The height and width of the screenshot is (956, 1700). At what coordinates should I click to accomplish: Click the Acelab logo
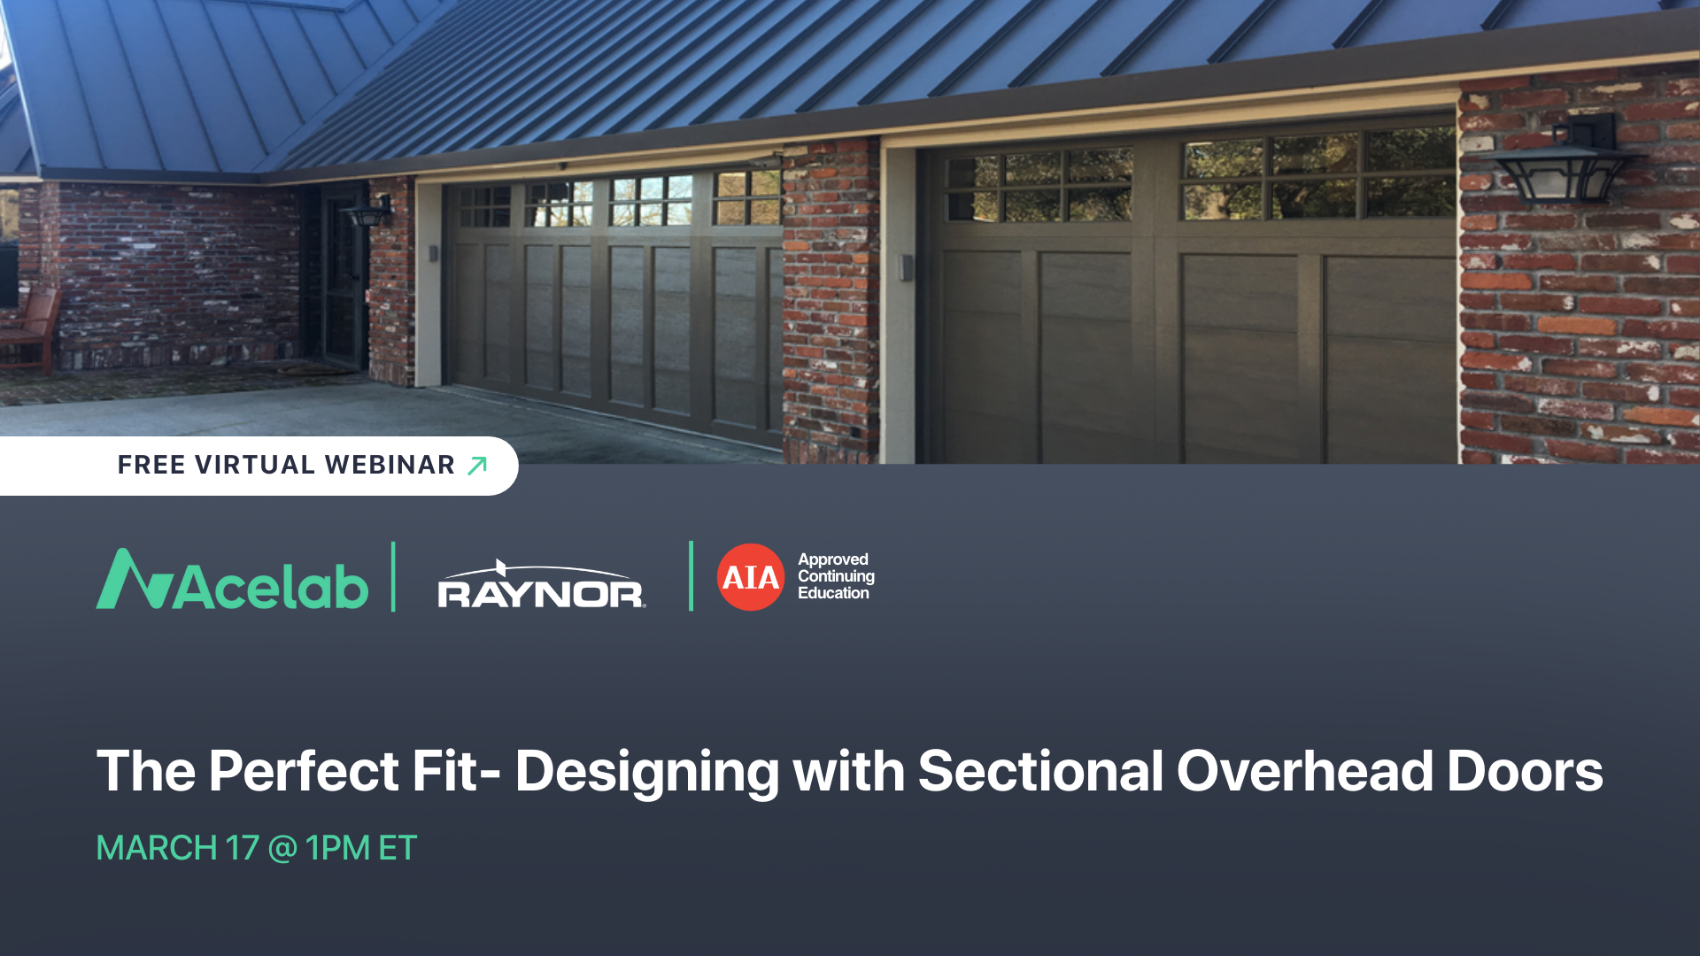(232, 581)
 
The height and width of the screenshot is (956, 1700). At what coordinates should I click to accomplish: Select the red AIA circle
(750, 577)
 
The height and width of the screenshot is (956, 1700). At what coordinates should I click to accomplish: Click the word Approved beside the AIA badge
(832, 559)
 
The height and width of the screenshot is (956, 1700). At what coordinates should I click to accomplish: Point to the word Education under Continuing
(832, 593)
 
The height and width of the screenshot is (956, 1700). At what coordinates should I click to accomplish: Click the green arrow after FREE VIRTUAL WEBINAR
(477, 466)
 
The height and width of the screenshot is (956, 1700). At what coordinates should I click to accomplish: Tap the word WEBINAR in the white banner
(390, 466)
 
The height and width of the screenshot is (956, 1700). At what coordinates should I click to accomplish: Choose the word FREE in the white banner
(151, 466)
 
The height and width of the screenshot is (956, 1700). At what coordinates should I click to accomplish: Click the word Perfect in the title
(304, 771)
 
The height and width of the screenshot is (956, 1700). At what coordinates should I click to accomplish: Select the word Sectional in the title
(1040, 771)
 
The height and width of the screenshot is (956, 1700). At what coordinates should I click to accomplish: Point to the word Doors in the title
(1524, 771)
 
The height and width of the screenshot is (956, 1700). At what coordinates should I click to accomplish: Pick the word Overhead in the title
(1304, 771)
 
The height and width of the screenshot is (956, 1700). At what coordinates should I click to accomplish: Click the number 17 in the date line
(242, 848)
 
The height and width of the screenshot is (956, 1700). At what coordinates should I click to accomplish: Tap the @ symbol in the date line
(282, 848)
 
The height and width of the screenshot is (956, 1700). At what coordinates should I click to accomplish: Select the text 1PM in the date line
(337, 848)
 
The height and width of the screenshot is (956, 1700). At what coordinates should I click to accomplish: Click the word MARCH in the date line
(157, 848)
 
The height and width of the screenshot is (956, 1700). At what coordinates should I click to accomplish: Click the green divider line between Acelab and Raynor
(393, 576)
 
